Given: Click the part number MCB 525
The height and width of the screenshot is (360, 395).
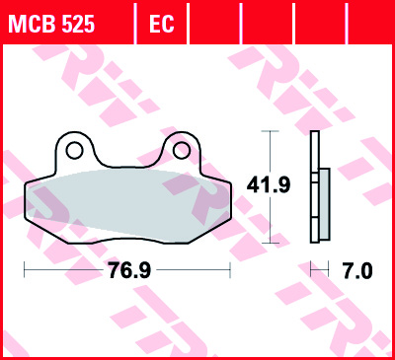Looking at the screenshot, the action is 51,24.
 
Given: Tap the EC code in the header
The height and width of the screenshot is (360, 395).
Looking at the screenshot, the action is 161,24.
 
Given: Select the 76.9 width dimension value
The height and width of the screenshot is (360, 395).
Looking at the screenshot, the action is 129,270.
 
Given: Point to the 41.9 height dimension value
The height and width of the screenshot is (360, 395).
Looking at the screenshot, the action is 269,184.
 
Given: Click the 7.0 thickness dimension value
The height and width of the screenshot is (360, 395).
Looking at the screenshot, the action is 357,270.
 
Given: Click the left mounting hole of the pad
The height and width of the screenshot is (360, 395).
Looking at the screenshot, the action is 74,151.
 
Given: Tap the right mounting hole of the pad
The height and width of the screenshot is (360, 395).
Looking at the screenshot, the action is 182,151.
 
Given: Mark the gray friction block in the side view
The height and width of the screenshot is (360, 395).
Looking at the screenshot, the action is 324,203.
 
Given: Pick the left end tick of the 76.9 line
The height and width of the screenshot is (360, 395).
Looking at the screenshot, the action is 25,269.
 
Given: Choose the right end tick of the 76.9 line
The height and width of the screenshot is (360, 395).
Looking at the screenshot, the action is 230,269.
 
